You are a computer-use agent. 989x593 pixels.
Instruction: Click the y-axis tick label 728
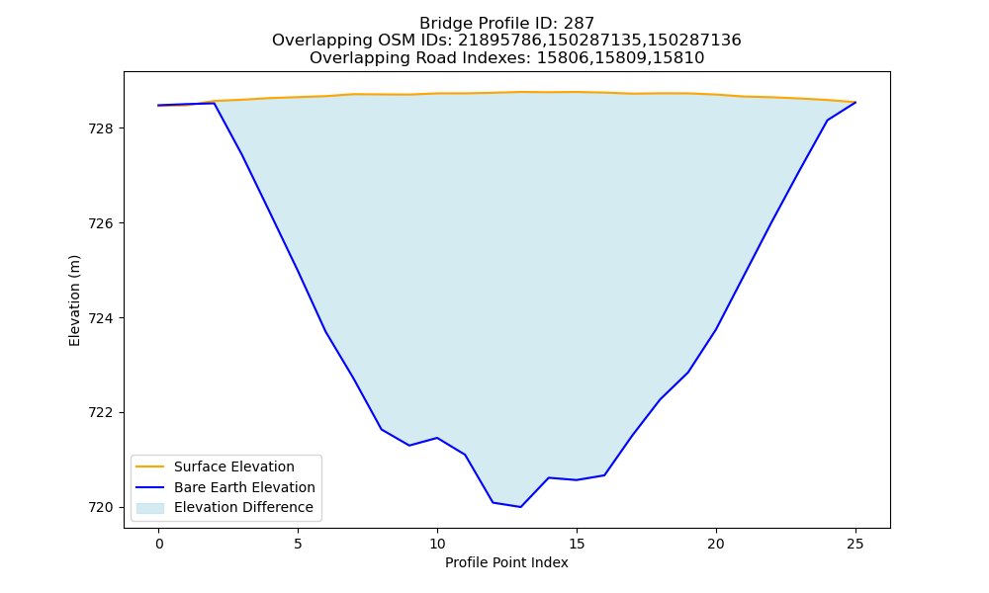[x=100, y=128]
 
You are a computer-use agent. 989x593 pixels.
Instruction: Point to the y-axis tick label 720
[x=100, y=507]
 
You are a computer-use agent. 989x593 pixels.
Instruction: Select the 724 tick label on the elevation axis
[x=100, y=318]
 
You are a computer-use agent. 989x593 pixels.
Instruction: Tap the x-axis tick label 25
[x=855, y=544]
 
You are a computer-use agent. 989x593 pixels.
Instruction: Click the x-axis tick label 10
[x=437, y=544]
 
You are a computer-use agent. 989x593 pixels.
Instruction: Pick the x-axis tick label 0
[x=159, y=544]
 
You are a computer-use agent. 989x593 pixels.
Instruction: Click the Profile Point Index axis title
[x=506, y=562]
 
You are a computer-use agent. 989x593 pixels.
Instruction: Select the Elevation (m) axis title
[x=74, y=300]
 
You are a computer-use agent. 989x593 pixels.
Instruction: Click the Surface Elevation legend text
[x=234, y=466]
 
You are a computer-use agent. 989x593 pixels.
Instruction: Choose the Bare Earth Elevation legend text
[x=244, y=487]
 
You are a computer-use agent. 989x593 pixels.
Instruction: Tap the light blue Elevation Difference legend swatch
[x=150, y=508]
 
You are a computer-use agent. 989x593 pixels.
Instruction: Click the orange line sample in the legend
[x=150, y=466]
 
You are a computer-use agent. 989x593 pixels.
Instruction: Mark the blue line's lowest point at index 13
[x=520, y=507]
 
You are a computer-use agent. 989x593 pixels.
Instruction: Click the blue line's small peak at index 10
[x=437, y=438]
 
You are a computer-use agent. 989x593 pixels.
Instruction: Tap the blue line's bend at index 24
[x=827, y=121]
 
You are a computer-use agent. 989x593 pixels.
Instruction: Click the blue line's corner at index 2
[x=215, y=104]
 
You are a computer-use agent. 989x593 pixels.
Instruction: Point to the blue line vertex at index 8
[x=382, y=429]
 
